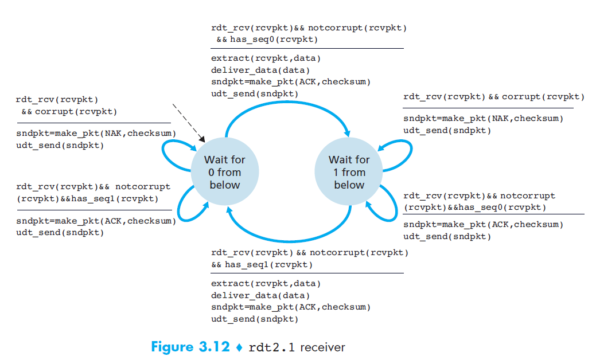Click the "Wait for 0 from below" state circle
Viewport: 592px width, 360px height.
pos(225,172)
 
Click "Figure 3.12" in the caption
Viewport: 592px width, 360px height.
pos(190,347)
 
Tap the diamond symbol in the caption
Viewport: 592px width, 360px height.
pos(239,347)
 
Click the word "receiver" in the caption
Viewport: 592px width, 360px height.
pos(322,347)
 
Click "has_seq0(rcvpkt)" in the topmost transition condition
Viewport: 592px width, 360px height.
pos(274,39)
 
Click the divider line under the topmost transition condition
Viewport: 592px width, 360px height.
pos(307,48)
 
